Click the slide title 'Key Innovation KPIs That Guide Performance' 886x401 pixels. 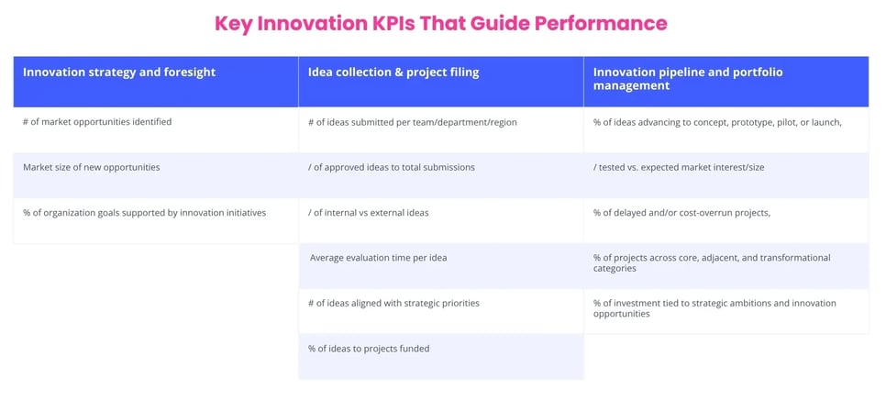pos(440,23)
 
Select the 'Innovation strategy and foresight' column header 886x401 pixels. pos(119,72)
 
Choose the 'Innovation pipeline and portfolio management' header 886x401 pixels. pos(688,79)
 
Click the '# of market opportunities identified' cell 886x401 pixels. pos(97,121)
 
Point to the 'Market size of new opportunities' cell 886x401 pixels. pos(92,167)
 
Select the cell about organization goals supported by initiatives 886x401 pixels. pos(145,212)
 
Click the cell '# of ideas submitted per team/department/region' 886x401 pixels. pos(413,122)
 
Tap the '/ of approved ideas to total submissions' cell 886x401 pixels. pos(392,167)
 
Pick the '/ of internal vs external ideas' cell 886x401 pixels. pos(369,212)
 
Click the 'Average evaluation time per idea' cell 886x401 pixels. pos(378,258)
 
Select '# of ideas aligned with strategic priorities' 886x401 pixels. pos(393,303)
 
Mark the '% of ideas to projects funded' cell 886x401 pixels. pos(369,349)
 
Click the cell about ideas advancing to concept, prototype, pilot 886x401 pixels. pos(717,122)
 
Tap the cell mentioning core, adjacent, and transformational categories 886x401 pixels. pos(712,263)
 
